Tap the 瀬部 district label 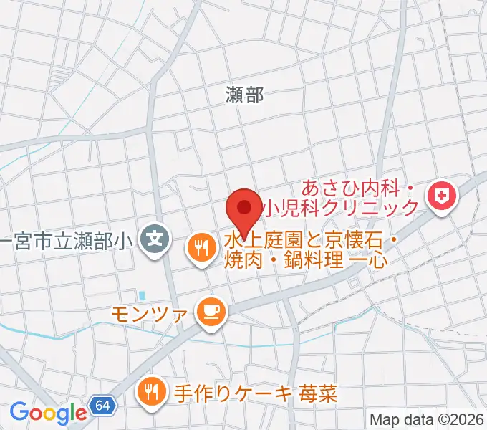[245, 95]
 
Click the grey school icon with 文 [155, 236]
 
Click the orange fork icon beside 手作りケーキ [151, 391]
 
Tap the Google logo [48, 412]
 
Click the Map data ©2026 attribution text [426, 419]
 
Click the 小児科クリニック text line [340, 209]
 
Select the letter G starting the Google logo [19, 412]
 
